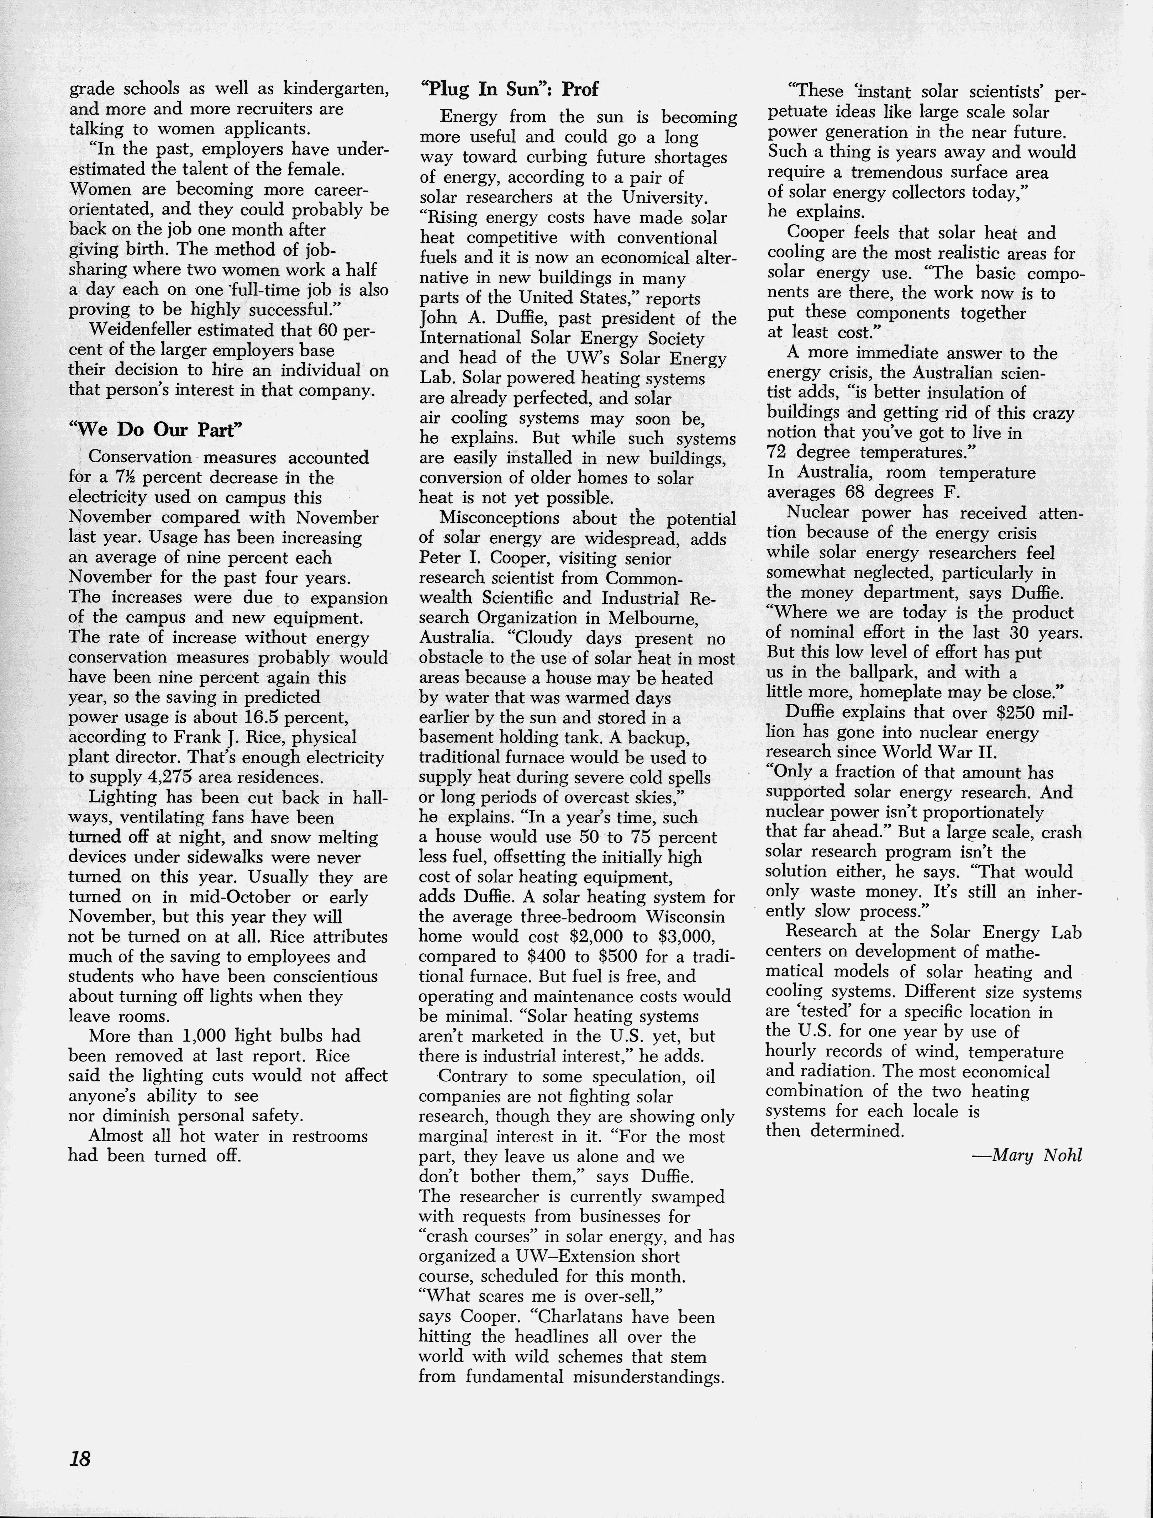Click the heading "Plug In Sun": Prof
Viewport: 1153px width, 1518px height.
point(509,89)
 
